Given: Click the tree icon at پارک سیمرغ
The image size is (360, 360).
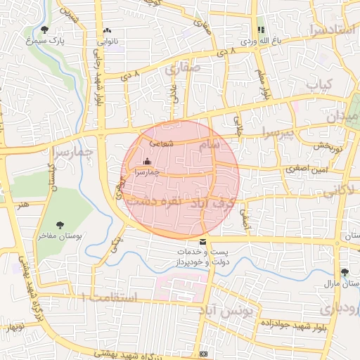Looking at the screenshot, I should pyautogui.click(x=45, y=30).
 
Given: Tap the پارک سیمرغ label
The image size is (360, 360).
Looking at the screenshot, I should pyautogui.click(x=45, y=41).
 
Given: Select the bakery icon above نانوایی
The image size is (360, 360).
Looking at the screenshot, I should pyautogui.click(x=107, y=31).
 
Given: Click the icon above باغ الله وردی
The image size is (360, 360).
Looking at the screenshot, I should pyautogui.click(x=261, y=30).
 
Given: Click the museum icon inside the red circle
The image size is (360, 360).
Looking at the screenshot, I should pyautogui.click(x=146, y=163).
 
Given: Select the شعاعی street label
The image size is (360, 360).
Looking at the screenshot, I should pyautogui.click(x=161, y=143).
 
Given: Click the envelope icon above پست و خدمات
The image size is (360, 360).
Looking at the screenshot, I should pyautogui.click(x=203, y=242).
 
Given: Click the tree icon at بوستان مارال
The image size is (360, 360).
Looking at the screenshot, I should pyautogui.click(x=344, y=272).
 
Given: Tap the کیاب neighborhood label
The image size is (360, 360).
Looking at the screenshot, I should pyautogui.click(x=318, y=83).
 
